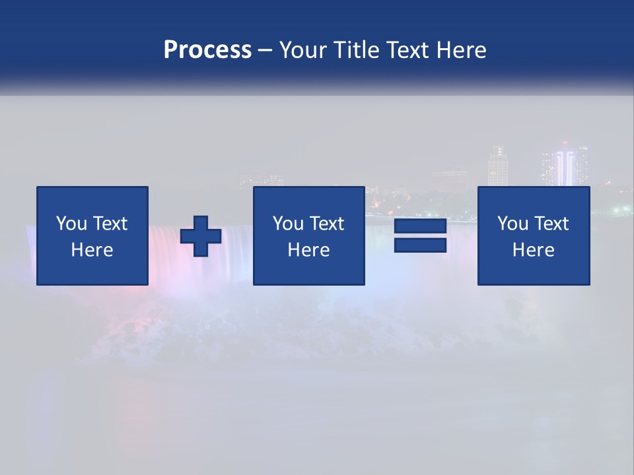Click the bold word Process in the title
[207, 50]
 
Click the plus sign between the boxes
[201, 236]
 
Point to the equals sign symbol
[420, 236]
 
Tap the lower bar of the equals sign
[420, 245]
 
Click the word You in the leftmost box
[71, 224]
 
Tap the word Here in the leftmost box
[92, 250]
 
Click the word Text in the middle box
[326, 224]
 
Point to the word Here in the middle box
[309, 250]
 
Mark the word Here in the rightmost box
[534, 250]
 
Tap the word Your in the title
[302, 50]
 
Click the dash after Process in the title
[265, 50]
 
